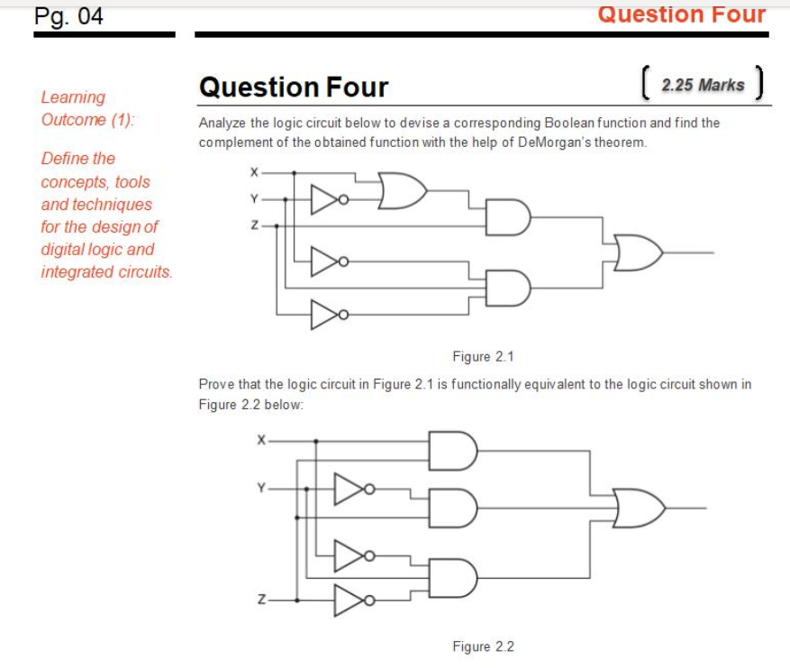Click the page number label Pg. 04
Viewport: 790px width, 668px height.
(68, 16)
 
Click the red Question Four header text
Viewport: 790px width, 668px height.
(681, 14)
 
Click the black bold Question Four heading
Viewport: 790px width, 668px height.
(294, 87)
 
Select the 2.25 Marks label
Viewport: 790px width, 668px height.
(703, 86)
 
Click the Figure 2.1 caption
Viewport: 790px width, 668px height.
(483, 356)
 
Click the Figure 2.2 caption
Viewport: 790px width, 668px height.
(483, 646)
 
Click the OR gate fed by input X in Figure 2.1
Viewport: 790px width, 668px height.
(402, 191)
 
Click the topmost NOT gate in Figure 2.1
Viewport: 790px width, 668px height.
(326, 197)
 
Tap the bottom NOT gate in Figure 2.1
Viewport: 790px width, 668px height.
(326, 315)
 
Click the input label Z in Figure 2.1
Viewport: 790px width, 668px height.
(255, 226)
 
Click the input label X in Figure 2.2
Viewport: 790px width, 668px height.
(260, 441)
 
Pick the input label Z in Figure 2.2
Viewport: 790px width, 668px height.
(260, 599)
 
